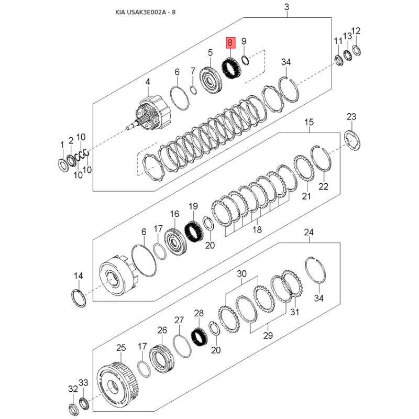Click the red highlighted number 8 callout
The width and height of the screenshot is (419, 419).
pyautogui.click(x=230, y=43)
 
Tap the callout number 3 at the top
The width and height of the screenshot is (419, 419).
pyautogui.click(x=286, y=7)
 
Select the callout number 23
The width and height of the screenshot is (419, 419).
pyautogui.click(x=351, y=117)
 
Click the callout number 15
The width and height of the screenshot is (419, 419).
pyautogui.click(x=309, y=123)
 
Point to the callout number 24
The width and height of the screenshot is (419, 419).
pyautogui.click(x=308, y=233)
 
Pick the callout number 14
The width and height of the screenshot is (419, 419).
pyautogui.click(x=78, y=276)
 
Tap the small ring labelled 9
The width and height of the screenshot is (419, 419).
pyautogui.click(x=246, y=60)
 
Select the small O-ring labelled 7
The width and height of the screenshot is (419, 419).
pyautogui.click(x=193, y=90)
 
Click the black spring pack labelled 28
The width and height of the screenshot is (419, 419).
pyautogui.click(x=200, y=337)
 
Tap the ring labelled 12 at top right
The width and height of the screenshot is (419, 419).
pyautogui.click(x=356, y=50)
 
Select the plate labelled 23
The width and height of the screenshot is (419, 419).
pyautogui.click(x=352, y=140)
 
